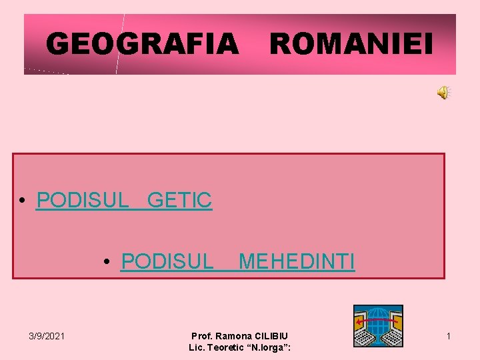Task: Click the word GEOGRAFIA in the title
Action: click(x=142, y=45)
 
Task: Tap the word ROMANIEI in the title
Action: click(x=351, y=45)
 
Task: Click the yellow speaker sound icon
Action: click(x=443, y=93)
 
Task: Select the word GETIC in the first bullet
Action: click(x=179, y=200)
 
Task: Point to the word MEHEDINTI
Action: click(x=297, y=261)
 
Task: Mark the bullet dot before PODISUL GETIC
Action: click(x=23, y=201)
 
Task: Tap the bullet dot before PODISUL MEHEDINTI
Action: click(x=107, y=263)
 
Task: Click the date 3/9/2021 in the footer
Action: click(x=47, y=336)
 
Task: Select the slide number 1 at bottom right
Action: click(x=449, y=336)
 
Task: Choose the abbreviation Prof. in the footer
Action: click(x=201, y=336)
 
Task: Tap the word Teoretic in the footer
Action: click(x=228, y=347)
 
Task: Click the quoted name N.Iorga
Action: click(x=269, y=347)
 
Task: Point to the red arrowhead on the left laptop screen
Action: click(x=359, y=321)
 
